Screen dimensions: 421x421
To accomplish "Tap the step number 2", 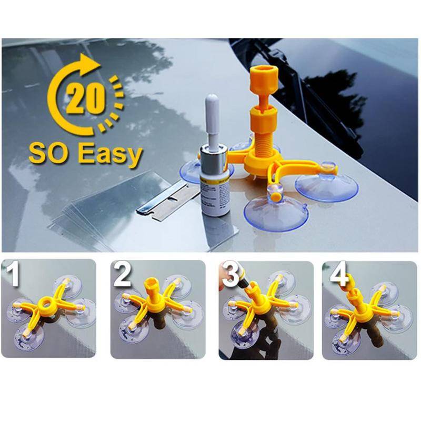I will point(122,274).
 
